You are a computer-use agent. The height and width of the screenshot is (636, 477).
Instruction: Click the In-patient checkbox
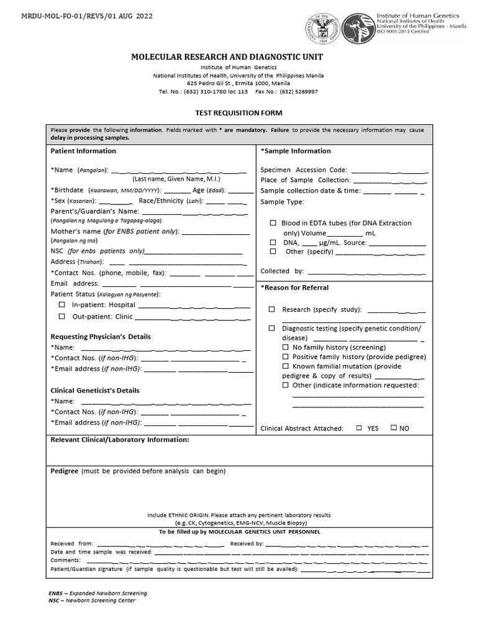click(61, 305)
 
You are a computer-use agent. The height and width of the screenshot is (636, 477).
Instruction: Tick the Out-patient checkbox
click(61, 316)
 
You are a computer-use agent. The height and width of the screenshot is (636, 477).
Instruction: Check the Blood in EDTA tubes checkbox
click(273, 223)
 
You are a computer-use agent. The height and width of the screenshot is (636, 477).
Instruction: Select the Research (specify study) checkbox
click(272, 309)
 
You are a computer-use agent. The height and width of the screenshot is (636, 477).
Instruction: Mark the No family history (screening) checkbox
click(286, 347)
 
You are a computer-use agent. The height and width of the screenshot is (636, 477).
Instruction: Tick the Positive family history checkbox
click(286, 357)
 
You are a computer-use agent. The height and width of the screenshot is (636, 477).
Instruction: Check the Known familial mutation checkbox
click(286, 366)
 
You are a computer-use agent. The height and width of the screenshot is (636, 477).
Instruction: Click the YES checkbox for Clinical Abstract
click(359, 428)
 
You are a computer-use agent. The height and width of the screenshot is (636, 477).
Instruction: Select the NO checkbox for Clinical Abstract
click(393, 428)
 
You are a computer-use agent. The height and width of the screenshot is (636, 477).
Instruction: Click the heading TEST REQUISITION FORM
click(239, 113)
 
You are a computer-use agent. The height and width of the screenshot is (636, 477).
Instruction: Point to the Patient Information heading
click(83, 151)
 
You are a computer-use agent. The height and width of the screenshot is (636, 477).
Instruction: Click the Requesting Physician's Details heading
click(101, 337)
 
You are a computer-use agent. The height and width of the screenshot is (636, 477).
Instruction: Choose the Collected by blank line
click(366, 272)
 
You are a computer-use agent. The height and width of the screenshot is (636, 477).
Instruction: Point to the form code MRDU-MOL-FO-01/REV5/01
click(68, 15)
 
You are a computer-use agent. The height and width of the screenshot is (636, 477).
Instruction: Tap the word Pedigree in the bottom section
click(64, 471)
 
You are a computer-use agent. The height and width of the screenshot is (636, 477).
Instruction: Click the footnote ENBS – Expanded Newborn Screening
click(98, 593)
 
